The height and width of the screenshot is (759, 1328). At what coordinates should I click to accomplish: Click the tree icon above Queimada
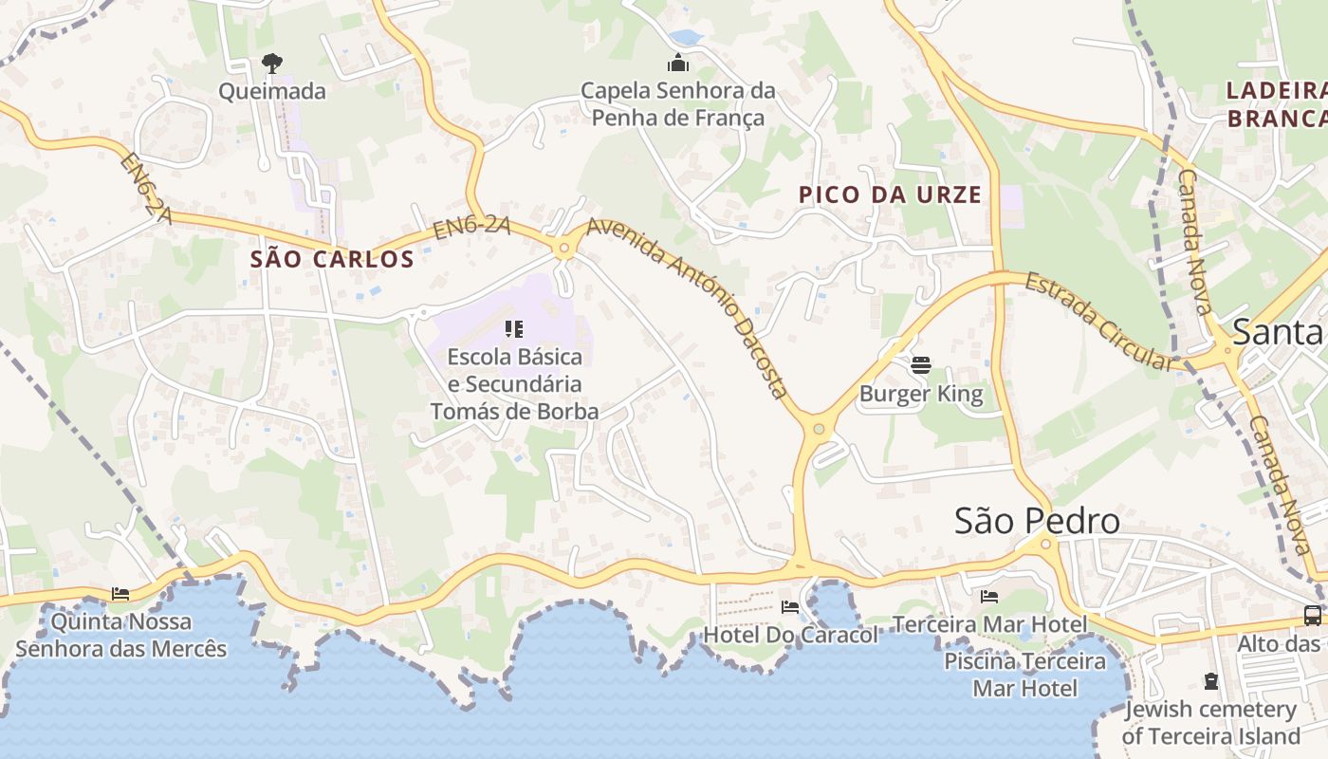tap(272, 64)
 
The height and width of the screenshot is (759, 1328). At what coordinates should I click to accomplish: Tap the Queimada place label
tap(272, 92)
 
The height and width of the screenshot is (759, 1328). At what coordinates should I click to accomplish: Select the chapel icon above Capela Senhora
tap(678, 64)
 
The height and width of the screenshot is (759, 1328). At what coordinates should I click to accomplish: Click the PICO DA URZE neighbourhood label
tap(890, 195)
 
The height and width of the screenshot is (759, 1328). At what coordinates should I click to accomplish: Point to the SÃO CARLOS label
tap(332, 259)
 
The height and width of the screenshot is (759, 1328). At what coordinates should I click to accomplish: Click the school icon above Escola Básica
tap(514, 329)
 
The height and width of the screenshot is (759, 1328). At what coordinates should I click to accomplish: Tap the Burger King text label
tap(921, 393)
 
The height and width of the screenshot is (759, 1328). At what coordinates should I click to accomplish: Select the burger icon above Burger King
tap(920, 364)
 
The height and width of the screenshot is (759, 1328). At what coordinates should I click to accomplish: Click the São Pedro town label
tap(1036, 521)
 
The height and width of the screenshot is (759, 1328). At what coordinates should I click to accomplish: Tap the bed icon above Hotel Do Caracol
tap(789, 606)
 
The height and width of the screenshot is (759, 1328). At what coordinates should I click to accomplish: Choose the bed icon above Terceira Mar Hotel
tap(988, 597)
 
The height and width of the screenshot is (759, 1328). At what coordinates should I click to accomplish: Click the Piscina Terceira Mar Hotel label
tap(1024, 674)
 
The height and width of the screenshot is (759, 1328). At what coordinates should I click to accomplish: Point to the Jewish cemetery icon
tap(1210, 681)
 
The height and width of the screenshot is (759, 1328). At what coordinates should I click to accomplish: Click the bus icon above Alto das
tap(1312, 615)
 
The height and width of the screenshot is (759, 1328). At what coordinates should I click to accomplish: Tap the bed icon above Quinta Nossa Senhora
tap(120, 594)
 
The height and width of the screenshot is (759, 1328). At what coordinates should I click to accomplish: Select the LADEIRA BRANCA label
tap(1276, 104)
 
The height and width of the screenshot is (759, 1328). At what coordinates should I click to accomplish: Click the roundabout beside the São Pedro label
tap(1046, 544)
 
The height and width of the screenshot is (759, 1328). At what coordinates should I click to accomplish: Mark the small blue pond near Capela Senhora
tap(685, 38)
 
